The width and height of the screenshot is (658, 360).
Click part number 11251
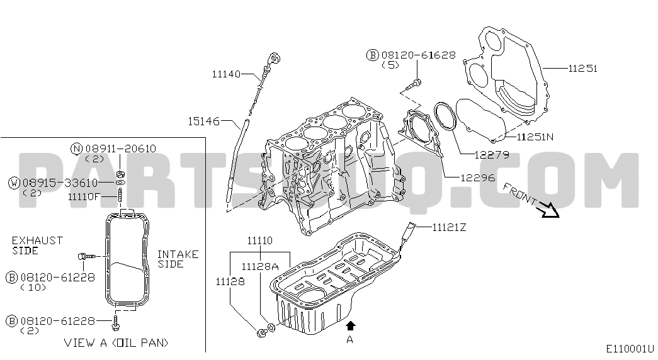[582, 68]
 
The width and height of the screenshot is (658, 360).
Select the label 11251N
[535, 137]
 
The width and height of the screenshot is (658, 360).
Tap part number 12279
[492, 155]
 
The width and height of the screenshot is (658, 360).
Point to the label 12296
[478, 177]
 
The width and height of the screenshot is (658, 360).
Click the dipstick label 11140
[226, 74]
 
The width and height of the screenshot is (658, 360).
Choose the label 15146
[204, 121]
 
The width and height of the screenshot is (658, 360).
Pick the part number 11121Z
[450, 227]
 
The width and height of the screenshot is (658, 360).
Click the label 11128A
[260, 266]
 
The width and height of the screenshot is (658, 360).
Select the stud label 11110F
[84, 196]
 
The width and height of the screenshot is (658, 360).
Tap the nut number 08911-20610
[121, 149]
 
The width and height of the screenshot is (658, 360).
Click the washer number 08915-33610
[60, 183]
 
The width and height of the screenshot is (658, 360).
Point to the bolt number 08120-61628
[418, 55]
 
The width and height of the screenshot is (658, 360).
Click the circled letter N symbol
[76, 149]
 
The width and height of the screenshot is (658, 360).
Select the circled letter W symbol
[14, 183]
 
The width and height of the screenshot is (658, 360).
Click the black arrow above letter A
[351, 326]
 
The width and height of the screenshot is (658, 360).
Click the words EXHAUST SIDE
[37, 245]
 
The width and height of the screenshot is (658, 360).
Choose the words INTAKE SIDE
[178, 259]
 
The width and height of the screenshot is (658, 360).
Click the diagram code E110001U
[630, 349]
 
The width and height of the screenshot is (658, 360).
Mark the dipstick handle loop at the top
[274, 57]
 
